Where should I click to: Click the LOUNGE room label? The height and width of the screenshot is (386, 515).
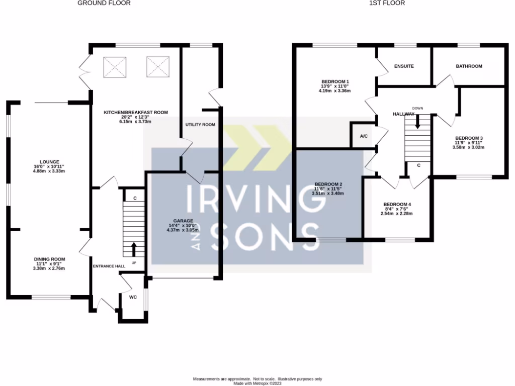click(x=49, y=162)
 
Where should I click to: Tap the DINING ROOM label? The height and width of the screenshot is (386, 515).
click(x=49, y=259)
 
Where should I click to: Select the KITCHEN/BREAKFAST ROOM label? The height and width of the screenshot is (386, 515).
click(x=136, y=112)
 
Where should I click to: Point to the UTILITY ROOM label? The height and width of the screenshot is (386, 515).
click(x=200, y=125)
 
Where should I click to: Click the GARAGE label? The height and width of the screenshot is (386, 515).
click(x=183, y=221)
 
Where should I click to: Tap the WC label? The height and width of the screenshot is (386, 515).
click(x=133, y=297)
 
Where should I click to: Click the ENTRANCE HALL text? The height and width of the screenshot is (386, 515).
click(x=109, y=266)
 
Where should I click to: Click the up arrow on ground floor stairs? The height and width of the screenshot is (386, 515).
click(x=134, y=249)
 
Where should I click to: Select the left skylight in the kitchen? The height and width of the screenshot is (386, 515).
click(x=115, y=67)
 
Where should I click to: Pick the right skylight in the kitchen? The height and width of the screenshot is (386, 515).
click(x=158, y=67)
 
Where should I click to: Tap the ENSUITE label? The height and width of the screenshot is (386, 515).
click(x=404, y=66)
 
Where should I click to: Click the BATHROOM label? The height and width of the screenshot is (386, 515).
click(x=469, y=66)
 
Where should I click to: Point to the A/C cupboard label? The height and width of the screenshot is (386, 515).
click(x=364, y=136)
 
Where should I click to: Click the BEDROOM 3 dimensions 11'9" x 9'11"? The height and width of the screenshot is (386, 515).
click(x=468, y=143)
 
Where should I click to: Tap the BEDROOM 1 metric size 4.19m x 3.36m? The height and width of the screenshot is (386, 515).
click(x=334, y=90)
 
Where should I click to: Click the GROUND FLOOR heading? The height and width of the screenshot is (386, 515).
click(x=104, y=3)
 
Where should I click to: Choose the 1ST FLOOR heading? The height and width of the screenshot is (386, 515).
click(x=387, y=3)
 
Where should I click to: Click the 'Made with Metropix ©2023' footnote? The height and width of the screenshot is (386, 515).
click(x=257, y=383)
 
